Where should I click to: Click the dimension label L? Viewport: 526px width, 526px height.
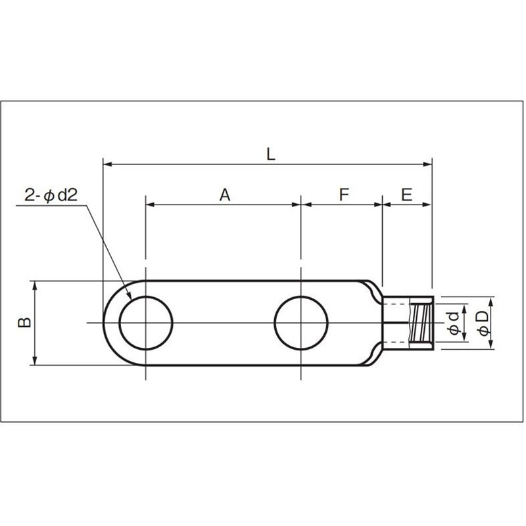pyautogui.click(x=270, y=154)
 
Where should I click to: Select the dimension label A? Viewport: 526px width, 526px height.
pyautogui.click(x=225, y=195)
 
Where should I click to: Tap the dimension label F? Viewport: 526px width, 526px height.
pyautogui.click(x=343, y=195)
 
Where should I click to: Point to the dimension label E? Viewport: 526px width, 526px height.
pyautogui.click(x=406, y=195)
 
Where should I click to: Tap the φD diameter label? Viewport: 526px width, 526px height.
pyautogui.click(x=483, y=323)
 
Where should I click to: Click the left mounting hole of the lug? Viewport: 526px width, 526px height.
pyautogui.click(x=145, y=323)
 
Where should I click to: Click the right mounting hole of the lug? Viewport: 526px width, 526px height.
pyautogui.click(x=301, y=323)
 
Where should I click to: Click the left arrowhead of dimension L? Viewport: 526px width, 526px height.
pyautogui.click(x=107, y=163)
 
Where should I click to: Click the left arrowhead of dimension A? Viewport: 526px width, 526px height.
pyautogui.click(x=149, y=204)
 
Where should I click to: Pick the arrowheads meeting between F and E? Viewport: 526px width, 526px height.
pyautogui.click(x=383, y=204)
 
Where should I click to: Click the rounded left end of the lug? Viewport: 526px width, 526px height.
pyautogui.click(x=109, y=323)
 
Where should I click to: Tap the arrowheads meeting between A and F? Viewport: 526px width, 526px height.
pyautogui.click(x=301, y=204)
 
